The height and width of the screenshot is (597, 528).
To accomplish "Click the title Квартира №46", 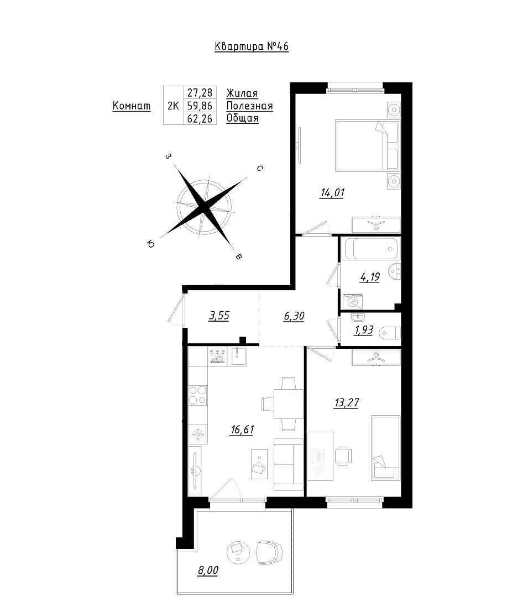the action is [x=252, y=46].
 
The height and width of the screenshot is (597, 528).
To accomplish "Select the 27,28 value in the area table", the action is [x=200, y=92].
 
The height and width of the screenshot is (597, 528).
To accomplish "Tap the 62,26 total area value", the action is [x=200, y=118].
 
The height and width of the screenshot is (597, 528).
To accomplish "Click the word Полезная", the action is [x=250, y=106].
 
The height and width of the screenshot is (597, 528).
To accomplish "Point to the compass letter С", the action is [x=260, y=168].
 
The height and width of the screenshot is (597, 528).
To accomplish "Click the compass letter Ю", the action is [x=150, y=244].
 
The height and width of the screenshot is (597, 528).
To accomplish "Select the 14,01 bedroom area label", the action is [x=332, y=193].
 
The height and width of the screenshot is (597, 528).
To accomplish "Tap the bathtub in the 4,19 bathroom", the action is [x=370, y=248].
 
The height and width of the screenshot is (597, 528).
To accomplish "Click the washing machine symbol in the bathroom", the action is [x=353, y=302].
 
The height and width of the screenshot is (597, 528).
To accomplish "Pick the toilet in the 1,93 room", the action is [x=390, y=333].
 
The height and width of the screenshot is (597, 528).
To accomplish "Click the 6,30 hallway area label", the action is [x=294, y=316].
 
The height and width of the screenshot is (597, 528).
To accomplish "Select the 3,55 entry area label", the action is [x=219, y=316].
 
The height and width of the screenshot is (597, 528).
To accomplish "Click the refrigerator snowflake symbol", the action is [x=198, y=434].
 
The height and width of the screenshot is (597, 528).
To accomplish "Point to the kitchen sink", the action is [x=237, y=357].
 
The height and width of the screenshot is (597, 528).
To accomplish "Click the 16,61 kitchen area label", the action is [x=242, y=430].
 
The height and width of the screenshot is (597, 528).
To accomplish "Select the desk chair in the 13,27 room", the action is [x=343, y=455].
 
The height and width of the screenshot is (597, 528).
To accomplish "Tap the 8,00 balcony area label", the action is [x=208, y=570].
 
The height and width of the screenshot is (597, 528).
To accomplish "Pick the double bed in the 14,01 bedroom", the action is [x=367, y=145].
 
